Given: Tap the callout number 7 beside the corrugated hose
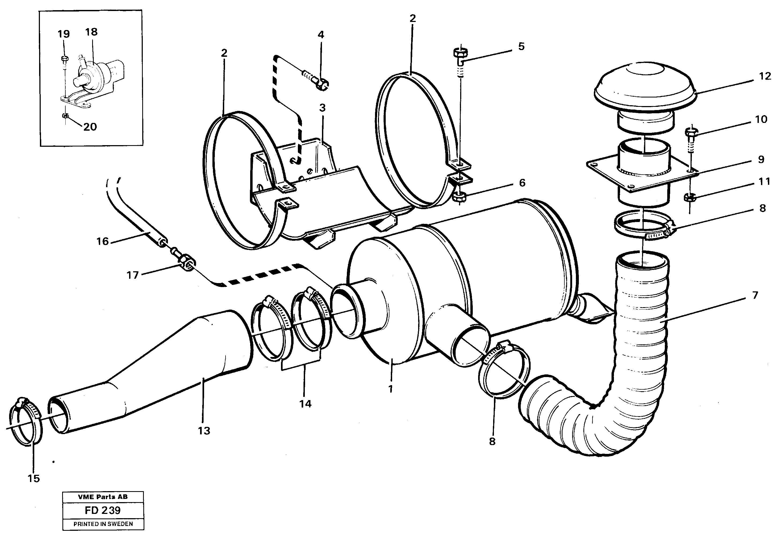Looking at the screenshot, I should click(x=755, y=295).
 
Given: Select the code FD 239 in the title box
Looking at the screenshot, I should click(x=103, y=510).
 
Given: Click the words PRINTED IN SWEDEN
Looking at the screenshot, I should click(x=103, y=524).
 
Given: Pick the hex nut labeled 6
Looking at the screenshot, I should click(x=459, y=196).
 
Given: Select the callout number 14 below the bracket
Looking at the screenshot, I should click(x=305, y=404).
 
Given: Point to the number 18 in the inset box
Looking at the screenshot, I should click(x=91, y=32).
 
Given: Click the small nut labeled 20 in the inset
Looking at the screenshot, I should click(x=65, y=116).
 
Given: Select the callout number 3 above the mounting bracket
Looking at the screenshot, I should click(x=322, y=108).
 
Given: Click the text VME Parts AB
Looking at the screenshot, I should click(x=103, y=497).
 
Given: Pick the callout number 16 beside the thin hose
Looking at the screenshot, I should click(x=103, y=241).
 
